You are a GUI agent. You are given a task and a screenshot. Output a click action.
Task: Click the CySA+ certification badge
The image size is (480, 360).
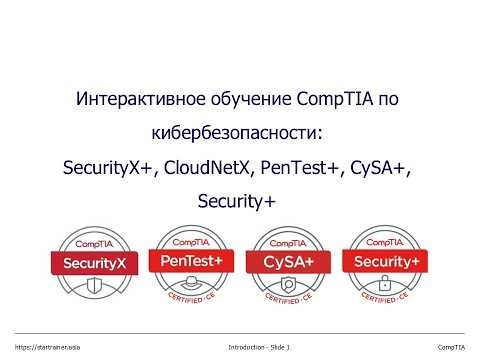[x=287, y=265]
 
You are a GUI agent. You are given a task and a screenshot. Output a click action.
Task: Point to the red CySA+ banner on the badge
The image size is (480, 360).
[x=287, y=262]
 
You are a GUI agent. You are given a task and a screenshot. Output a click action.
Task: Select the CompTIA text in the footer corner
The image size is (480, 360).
[x=453, y=346]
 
